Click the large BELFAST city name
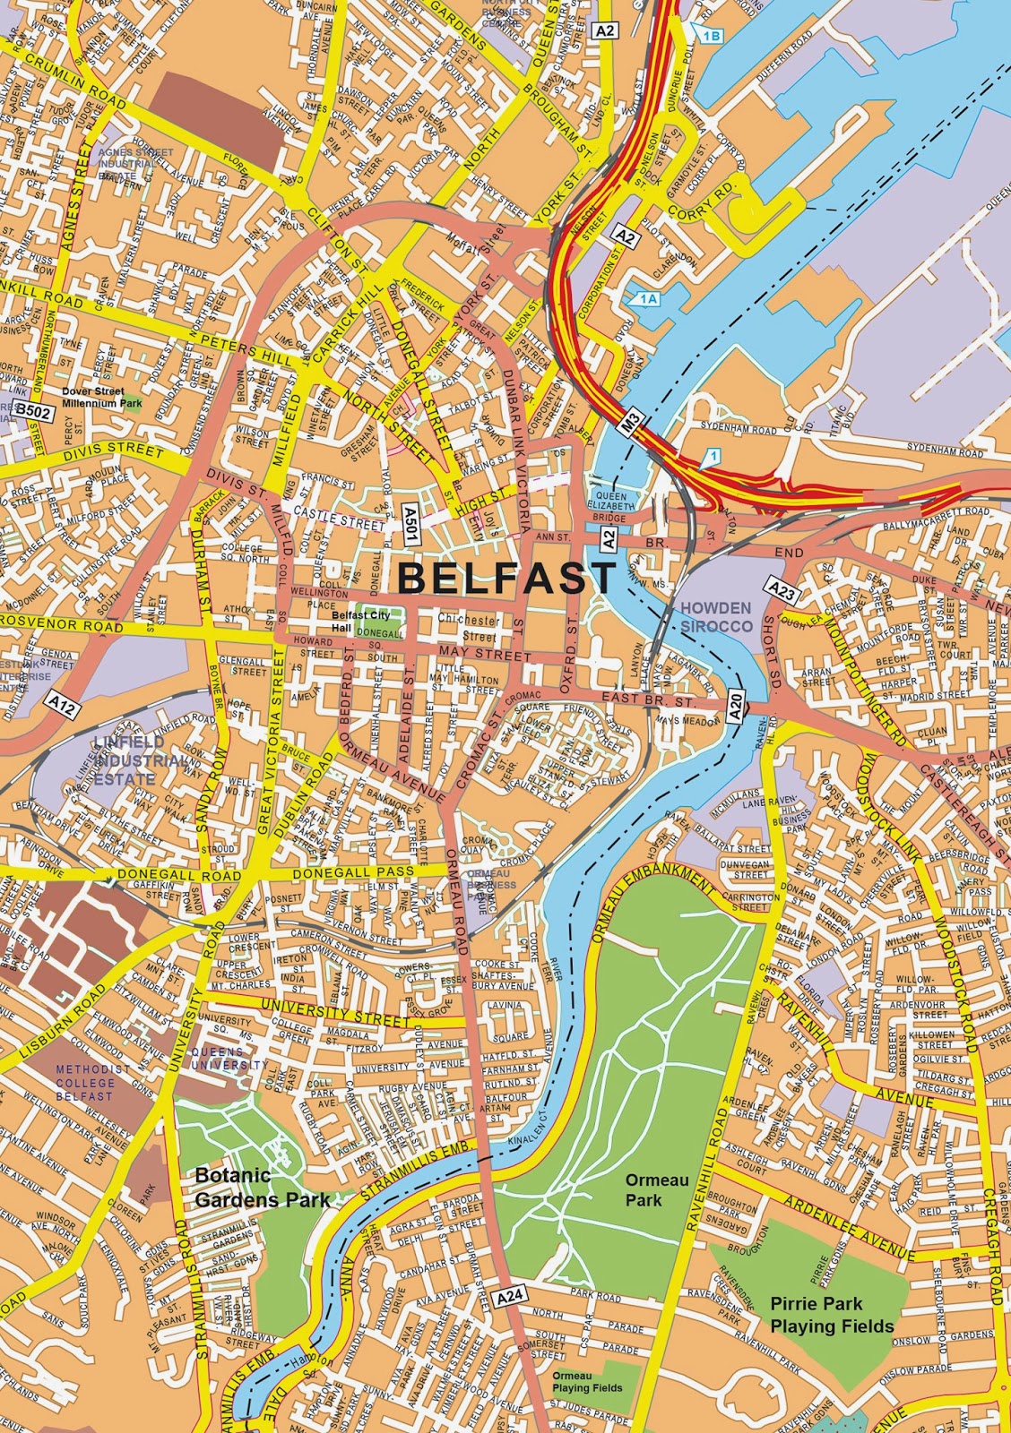(507, 578)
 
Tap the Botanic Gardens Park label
(263, 1187)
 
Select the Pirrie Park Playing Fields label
(832, 1317)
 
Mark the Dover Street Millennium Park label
(102, 398)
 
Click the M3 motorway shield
(634, 418)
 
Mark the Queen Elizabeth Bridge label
(612, 506)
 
